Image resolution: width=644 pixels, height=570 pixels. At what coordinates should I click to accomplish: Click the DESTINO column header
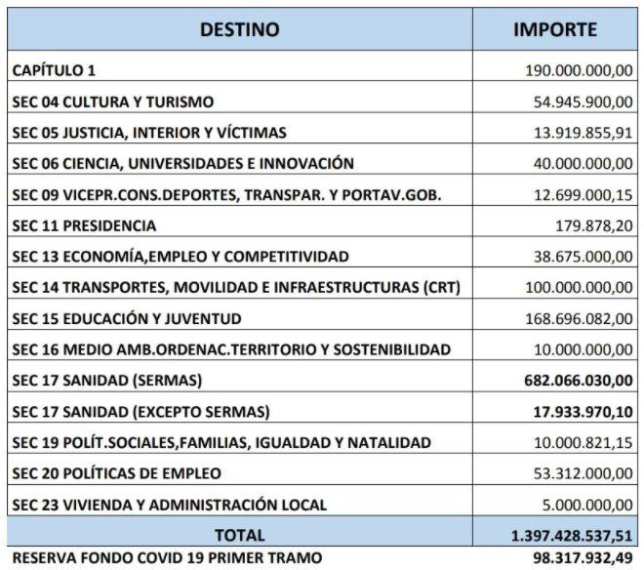coord(239,29)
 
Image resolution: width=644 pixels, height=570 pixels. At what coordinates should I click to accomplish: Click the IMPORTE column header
coord(554,29)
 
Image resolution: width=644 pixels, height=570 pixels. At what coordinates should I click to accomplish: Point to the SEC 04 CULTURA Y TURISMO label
coord(112,102)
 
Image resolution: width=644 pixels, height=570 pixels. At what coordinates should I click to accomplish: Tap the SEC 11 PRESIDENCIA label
coord(84,225)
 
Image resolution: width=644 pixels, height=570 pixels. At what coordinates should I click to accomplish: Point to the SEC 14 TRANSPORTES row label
coord(235,288)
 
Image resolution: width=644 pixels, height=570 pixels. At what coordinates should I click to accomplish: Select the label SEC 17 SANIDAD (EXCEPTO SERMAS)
coord(140,411)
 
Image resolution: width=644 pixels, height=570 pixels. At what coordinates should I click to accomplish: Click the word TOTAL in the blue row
coord(239,535)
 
